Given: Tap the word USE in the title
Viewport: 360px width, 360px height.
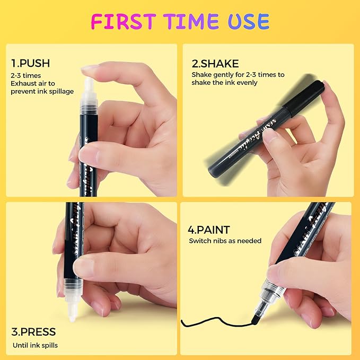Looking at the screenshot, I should [x=249, y=21].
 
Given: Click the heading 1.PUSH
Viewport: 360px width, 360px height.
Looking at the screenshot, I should [x=30, y=63].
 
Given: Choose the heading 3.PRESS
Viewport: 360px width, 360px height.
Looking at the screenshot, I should [x=33, y=332].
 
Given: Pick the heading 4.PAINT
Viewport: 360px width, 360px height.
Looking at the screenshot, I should [x=209, y=230].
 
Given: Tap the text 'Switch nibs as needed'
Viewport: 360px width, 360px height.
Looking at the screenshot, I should [x=225, y=241].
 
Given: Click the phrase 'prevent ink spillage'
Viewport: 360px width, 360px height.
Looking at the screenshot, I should [x=42, y=92].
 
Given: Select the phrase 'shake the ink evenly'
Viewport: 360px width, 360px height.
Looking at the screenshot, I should [x=224, y=83].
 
